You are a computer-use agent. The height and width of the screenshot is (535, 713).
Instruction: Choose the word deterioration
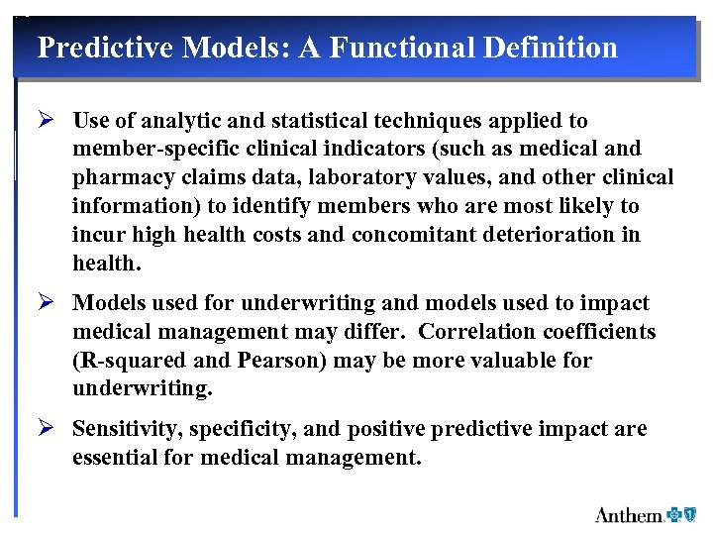pyautogui.click(x=556, y=235)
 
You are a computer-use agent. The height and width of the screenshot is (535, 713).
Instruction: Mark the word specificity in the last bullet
pyautogui.click(x=245, y=429)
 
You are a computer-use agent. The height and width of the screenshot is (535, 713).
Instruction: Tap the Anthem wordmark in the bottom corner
pyautogui.click(x=629, y=515)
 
